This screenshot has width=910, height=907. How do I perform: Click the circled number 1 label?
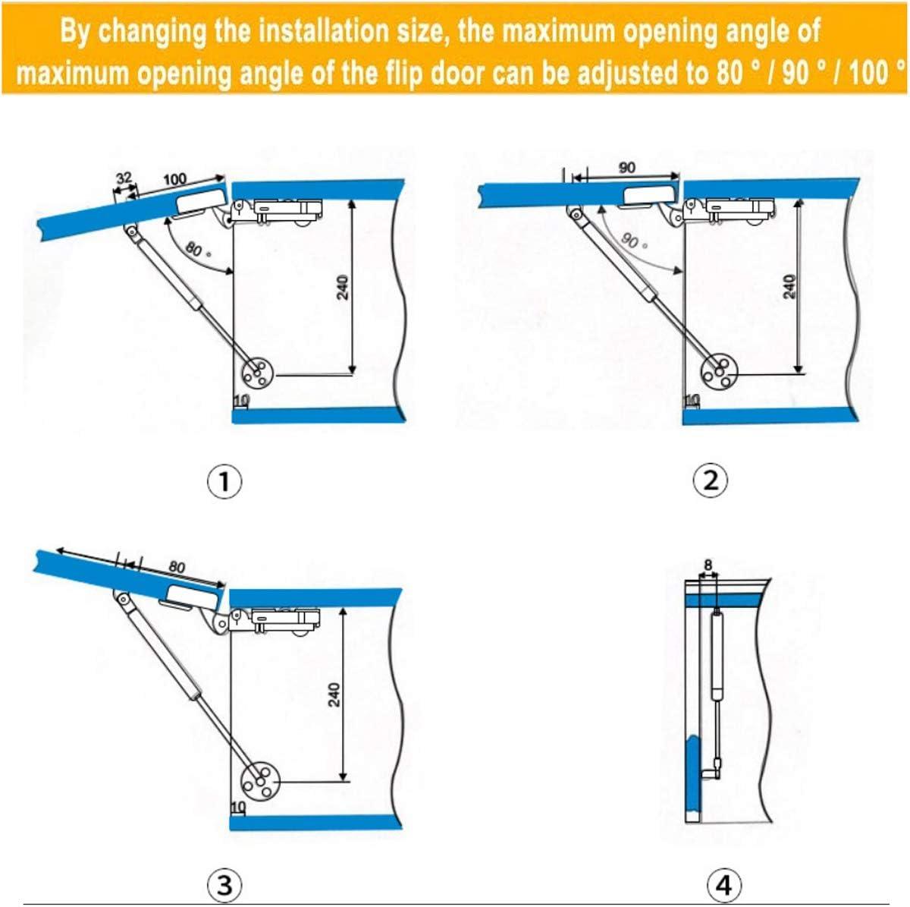(x=224, y=481)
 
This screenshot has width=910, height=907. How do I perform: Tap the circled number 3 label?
(x=224, y=884)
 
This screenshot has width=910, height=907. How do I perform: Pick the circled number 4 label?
(x=723, y=884)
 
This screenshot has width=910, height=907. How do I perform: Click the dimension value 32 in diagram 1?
(x=123, y=178)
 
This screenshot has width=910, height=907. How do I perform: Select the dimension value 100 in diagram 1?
(x=174, y=179)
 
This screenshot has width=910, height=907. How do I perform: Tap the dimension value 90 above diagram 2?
(x=626, y=168)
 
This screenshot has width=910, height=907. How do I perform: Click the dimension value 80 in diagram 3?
(x=177, y=566)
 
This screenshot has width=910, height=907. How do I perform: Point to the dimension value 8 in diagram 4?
(x=708, y=565)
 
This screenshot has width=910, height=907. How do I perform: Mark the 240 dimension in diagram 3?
(x=334, y=694)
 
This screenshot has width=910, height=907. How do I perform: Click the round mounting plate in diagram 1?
(x=256, y=373)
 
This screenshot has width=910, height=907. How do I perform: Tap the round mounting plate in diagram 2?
(x=717, y=371)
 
